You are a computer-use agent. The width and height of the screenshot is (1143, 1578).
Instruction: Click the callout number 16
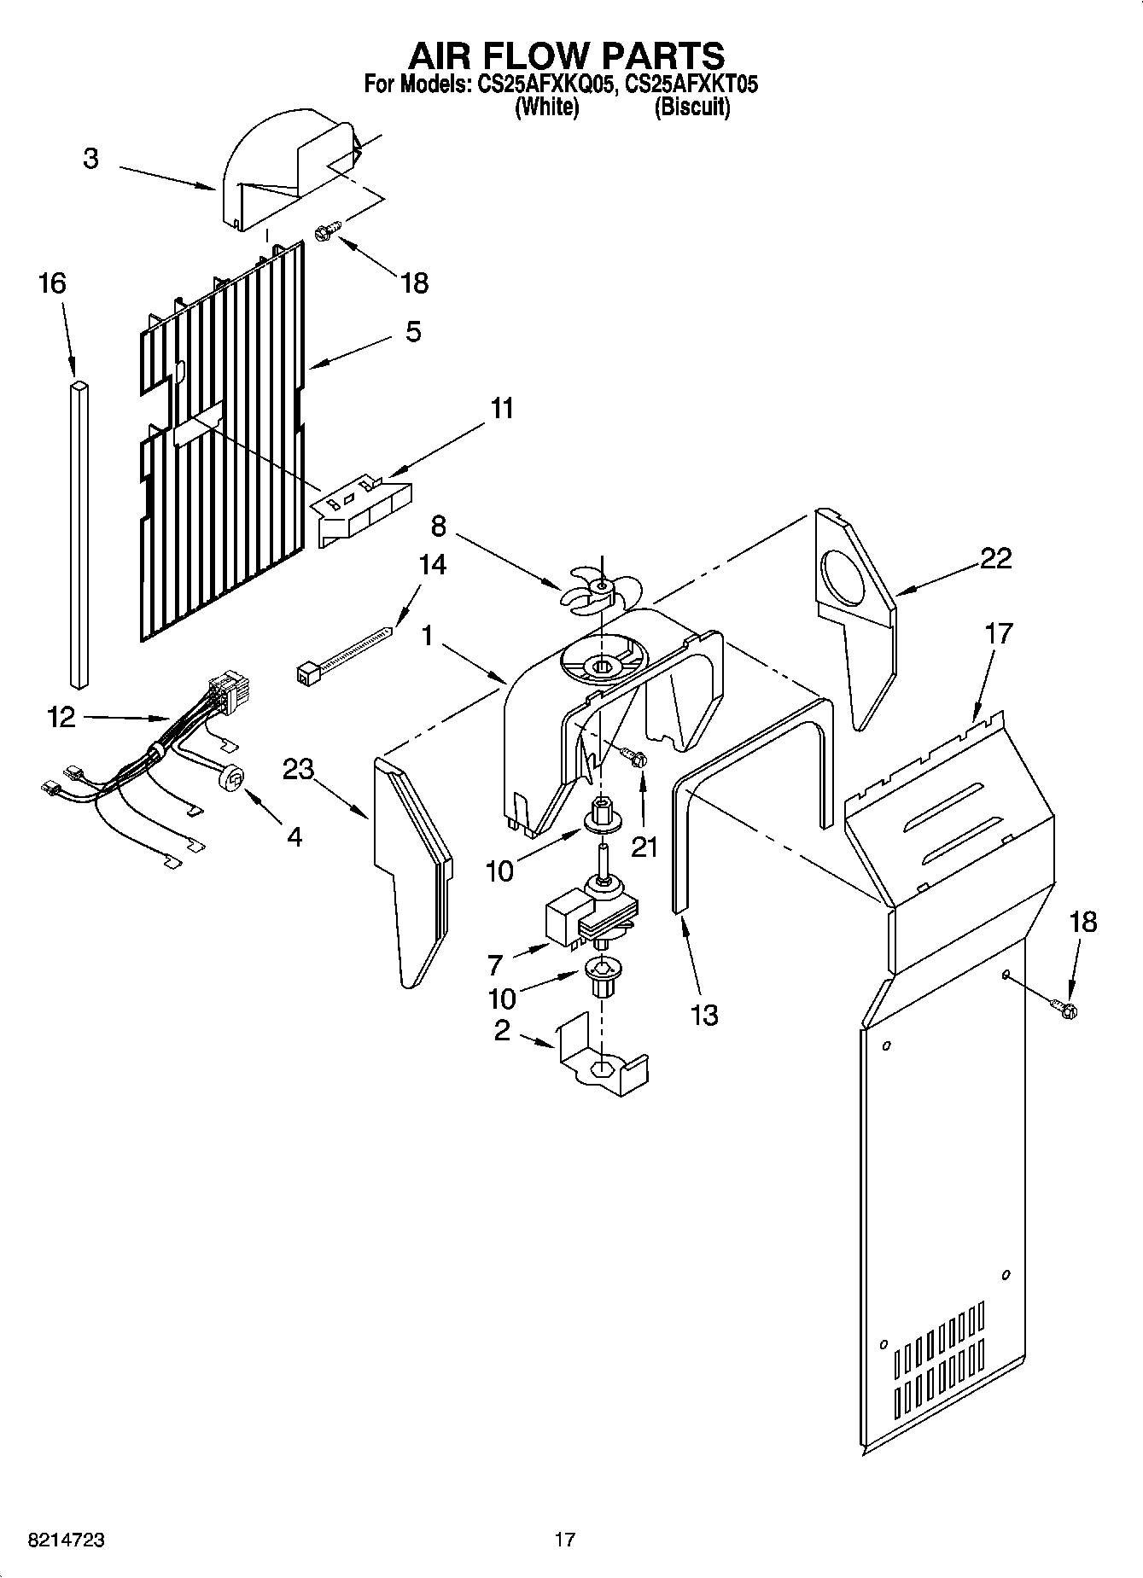tap(52, 282)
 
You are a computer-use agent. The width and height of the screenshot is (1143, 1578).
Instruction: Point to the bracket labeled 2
tap(602, 1062)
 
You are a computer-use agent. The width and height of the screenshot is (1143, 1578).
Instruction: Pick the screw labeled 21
tap(633, 756)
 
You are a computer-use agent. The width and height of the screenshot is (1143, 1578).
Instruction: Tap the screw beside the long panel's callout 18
tap(1064, 1009)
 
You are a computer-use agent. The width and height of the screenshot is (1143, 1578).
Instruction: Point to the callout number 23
tap(298, 769)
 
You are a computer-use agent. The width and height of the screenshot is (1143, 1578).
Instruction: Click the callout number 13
tap(703, 1015)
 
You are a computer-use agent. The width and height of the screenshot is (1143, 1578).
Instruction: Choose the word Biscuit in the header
tap(691, 108)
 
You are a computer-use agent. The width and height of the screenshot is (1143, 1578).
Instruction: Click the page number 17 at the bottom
tap(564, 1540)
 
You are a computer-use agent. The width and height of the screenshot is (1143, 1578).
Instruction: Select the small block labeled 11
tap(363, 510)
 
